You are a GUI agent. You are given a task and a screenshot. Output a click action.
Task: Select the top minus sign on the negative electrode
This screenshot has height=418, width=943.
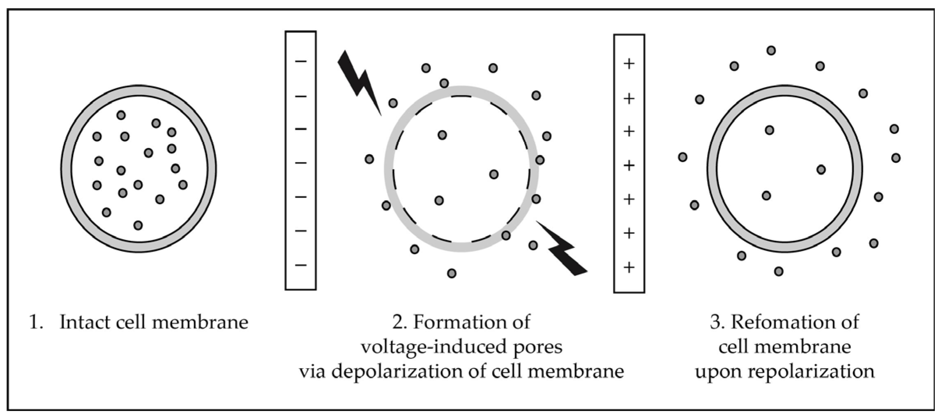point(301,61)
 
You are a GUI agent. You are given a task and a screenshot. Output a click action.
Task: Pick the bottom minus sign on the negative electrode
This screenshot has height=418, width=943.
point(301,265)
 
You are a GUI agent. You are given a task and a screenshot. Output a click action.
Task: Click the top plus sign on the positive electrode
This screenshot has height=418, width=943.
point(629,63)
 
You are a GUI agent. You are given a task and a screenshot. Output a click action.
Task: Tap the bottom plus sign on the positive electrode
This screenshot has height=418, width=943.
point(629,267)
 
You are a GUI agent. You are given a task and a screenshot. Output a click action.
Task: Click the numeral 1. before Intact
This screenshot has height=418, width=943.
point(36,323)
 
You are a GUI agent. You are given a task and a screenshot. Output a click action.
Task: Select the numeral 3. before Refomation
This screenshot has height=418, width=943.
point(716,323)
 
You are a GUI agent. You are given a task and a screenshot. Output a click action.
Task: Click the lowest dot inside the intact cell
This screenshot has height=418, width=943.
point(138,225)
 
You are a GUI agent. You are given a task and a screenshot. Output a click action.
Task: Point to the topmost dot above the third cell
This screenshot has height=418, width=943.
point(771,50)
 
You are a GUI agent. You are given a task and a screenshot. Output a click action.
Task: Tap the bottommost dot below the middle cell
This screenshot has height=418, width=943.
point(452,273)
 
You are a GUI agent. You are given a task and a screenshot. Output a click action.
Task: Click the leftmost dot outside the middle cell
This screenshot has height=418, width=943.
point(369,159)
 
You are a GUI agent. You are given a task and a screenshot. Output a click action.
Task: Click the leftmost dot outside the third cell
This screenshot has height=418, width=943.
point(682,157)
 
